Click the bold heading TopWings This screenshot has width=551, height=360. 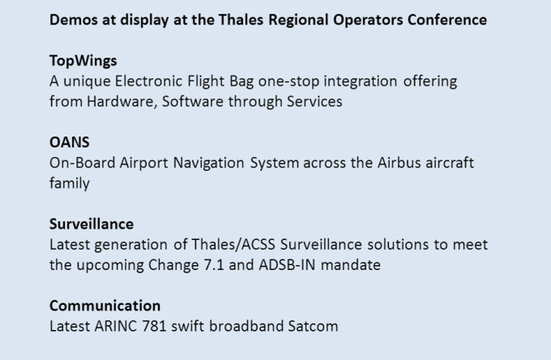pos(83,61)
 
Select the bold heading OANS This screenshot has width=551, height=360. pos(70,143)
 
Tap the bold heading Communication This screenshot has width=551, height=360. pos(105,306)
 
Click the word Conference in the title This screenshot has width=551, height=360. pos(447,19)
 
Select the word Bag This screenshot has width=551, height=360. pos(241,82)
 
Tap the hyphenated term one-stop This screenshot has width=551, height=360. pos(288,82)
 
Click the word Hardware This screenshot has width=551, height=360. pos(120,101)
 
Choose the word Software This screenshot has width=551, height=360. pos(193,101)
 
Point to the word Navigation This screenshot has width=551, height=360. pos(209,164)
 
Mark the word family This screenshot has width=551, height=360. pos(70,184)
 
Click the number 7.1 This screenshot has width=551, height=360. pos(214,265)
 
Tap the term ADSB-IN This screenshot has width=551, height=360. pos(287,265)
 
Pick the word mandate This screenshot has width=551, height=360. pos(351,265)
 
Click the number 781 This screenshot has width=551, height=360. pos(154,326)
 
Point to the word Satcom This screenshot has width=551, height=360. pos(313,326)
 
